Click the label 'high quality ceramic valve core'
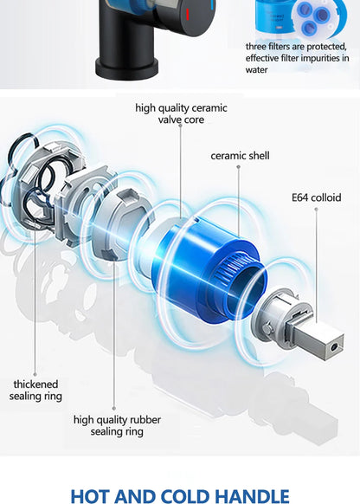click(181, 113)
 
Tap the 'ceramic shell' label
click(240, 156)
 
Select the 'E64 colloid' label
click(317, 197)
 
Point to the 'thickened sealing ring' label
click(35, 390)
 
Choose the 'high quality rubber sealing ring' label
click(117, 425)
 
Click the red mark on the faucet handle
click(188, 15)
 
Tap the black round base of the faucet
click(126, 68)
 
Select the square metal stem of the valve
click(315, 339)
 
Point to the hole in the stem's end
click(335, 346)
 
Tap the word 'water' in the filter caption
click(257, 70)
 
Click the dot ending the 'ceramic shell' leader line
click(238, 167)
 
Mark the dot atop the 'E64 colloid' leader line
click(316, 210)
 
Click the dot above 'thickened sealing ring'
click(35, 374)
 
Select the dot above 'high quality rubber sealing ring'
click(113, 409)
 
